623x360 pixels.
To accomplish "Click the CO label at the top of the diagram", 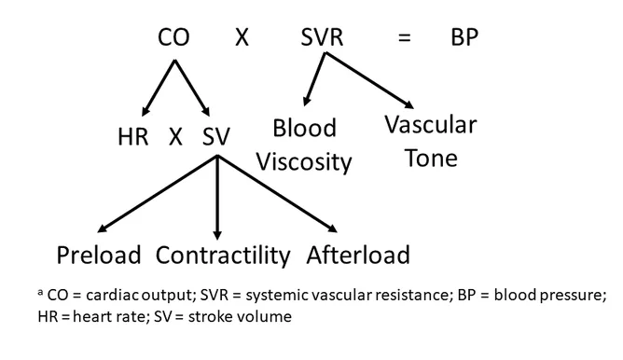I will [174, 38].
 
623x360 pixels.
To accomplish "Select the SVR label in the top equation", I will [323, 38].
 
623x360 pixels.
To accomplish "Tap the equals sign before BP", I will [404, 38].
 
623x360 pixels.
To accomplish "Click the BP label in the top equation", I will [466, 38].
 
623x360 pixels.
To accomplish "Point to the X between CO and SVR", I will [242, 38].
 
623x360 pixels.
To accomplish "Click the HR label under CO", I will [133, 137].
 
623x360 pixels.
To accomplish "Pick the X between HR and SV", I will [175, 137].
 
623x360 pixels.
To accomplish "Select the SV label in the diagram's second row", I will [216, 137].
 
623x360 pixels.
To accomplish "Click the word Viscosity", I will [305, 162].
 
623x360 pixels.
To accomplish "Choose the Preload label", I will [98, 255].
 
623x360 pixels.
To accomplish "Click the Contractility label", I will [222, 255].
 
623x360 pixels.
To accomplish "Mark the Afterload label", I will [358, 255].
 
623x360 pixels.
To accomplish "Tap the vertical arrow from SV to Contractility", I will [217, 196].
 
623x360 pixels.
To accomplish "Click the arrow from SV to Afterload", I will [276, 193].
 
